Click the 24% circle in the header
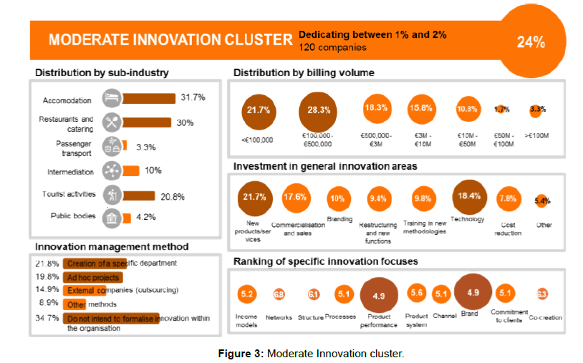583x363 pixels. click(x=531, y=42)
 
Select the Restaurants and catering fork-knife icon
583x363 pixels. click(x=111, y=120)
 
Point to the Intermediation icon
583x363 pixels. click(x=111, y=171)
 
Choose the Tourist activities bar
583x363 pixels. click(x=138, y=195)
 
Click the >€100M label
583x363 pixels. click(x=536, y=134)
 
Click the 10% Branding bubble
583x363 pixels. click(x=337, y=198)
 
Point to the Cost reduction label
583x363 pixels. click(x=507, y=229)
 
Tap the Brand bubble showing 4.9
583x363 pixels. click(x=473, y=292)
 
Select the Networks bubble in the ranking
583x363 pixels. click(x=279, y=294)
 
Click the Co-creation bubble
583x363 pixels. click(x=542, y=294)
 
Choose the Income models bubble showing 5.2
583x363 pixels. click(x=247, y=294)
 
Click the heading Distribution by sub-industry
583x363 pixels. click(x=102, y=73)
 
